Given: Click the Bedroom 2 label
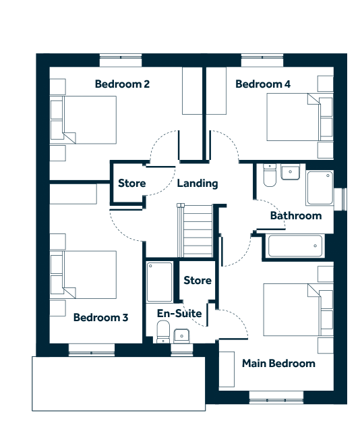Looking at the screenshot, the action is [122, 84].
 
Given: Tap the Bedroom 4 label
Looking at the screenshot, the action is [263, 84].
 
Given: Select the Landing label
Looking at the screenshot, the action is [198, 184].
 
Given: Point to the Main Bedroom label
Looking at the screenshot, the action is [278, 364].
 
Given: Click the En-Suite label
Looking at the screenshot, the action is [179, 314].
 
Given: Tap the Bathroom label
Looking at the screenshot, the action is [296, 216].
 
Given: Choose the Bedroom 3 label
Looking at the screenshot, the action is [100, 317].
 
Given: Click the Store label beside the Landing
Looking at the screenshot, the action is [132, 184].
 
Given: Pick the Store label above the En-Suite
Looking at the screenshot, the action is [198, 281].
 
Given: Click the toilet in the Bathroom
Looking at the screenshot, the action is [270, 175].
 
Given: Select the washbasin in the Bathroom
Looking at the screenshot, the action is [290, 172].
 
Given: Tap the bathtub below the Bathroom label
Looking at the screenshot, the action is [295, 246].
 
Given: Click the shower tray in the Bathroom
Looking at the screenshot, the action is [320, 188].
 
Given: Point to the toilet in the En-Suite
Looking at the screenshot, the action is [163, 332].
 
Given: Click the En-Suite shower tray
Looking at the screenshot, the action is [159, 282].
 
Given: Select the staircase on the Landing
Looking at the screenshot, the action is [195, 231].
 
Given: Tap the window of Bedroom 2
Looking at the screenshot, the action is [121, 60].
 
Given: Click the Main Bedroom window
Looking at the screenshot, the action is [276, 397].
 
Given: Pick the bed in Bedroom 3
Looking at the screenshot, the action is [83, 275].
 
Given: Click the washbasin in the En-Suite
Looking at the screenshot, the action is [181, 335].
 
